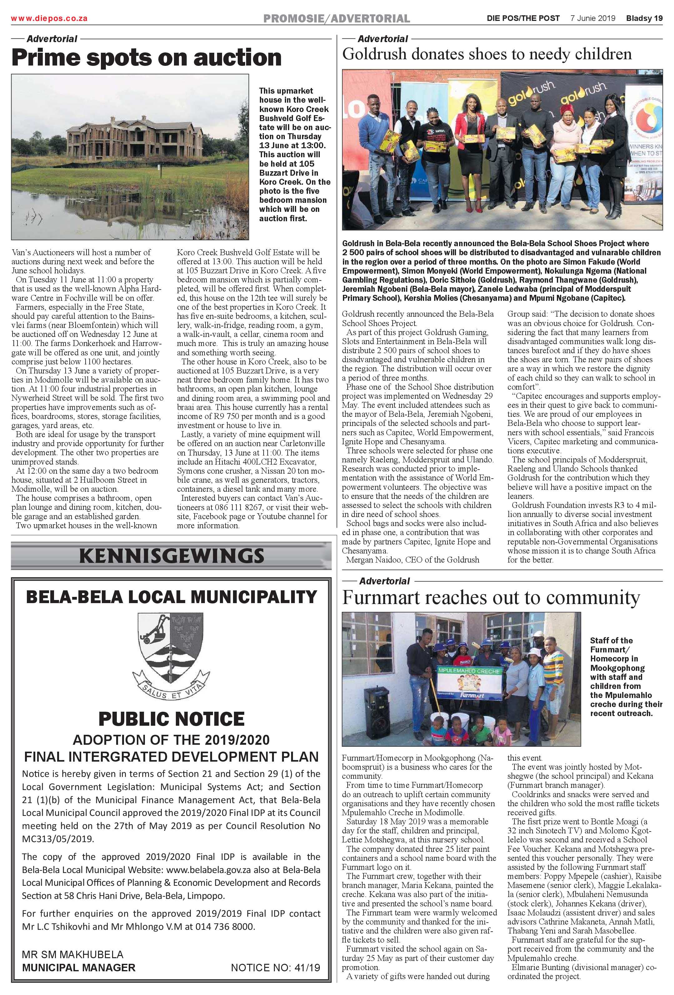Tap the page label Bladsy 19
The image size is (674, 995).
click(x=644, y=18)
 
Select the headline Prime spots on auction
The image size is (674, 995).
click(x=146, y=57)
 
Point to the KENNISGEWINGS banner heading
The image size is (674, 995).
click(x=171, y=556)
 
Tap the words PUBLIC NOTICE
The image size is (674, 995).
click(x=171, y=719)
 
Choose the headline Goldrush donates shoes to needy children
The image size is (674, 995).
click(x=487, y=54)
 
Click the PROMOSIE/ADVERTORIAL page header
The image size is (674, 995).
click(x=336, y=18)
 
